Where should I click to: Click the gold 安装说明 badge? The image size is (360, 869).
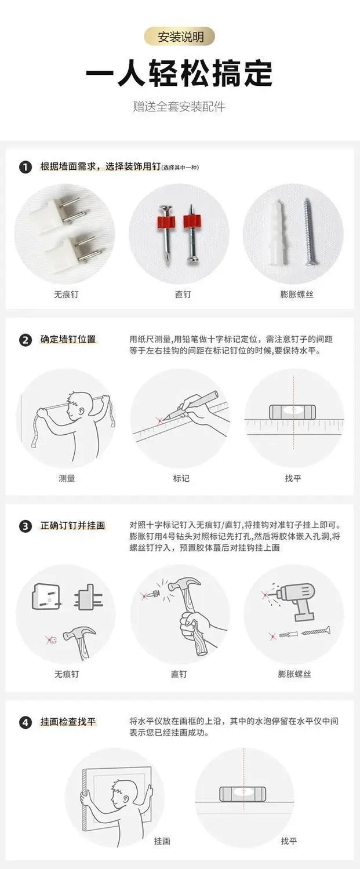[x=179, y=37]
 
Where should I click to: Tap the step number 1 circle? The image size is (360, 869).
[x=25, y=167]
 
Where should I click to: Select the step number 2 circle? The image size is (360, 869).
[x=25, y=340]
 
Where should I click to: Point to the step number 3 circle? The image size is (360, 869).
[x=25, y=526]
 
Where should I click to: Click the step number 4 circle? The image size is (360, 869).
[x=25, y=722]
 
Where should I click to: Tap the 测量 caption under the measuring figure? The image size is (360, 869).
[x=66, y=478]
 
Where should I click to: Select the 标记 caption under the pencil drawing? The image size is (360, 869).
[x=181, y=478]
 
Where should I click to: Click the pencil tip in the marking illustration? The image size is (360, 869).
[x=163, y=419]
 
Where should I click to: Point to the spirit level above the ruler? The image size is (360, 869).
[x=293, y=412]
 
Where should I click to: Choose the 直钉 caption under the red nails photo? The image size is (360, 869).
[x=183, y=294]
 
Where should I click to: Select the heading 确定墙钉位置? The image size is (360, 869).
[x=68, y=340]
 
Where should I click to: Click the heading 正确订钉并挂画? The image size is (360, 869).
[x=72, y=526]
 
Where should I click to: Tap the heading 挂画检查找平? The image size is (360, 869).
[x=68, y=722]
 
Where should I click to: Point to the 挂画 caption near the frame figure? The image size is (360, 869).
[x=162, y=841]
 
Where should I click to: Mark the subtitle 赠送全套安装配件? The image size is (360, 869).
[x=179, y=106]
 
